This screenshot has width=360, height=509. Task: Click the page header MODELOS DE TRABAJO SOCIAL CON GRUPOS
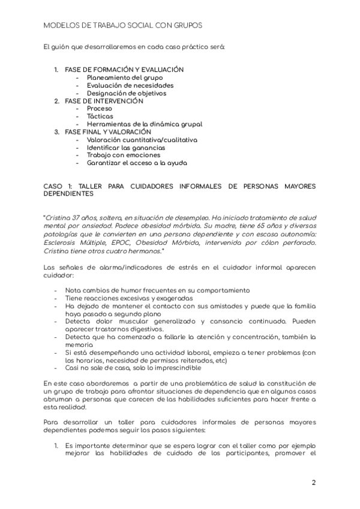[x=123, y=26]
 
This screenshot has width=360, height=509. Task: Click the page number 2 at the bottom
[x=314, y=483]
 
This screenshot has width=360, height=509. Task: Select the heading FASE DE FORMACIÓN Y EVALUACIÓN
[x=124, y=70]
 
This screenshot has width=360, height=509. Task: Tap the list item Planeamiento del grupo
[x=124, y=77]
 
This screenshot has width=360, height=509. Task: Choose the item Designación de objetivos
[x=127, y=93]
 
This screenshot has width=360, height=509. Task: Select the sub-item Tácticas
[x=100, y=116]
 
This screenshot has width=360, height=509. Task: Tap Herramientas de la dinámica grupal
[x=145, y=124]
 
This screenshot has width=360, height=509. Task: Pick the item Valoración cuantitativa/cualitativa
[x=142, y=140]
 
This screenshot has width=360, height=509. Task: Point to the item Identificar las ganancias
[x=126, y=148]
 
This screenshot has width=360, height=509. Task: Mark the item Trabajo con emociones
[x=124, y=155]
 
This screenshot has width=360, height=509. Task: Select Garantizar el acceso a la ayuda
[x=137, y=163]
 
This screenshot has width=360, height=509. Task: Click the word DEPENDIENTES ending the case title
[x=69, y=194]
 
